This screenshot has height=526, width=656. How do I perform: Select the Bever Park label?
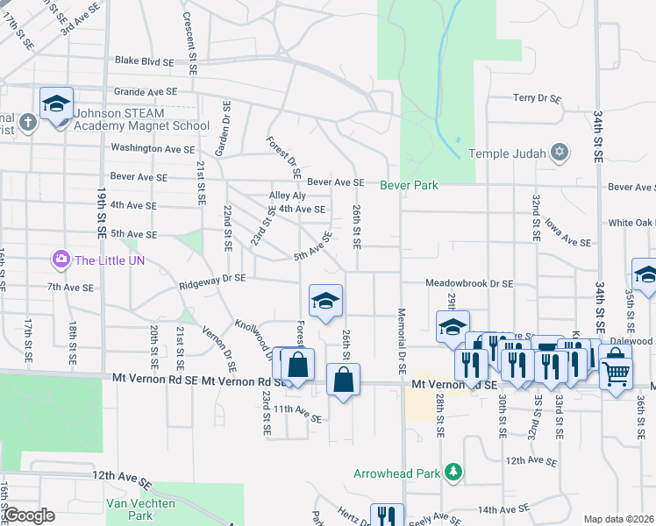click(x=409, y=185)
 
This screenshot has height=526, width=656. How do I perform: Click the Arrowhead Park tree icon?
click(x=453, y=473)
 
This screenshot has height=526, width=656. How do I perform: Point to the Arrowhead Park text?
click(x=396, y=473)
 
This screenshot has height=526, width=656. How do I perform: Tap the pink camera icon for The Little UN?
click(x=61, y=259)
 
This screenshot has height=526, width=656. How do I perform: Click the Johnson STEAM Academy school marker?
click(x=56, y=104)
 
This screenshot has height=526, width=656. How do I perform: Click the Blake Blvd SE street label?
click(x=146, y=62)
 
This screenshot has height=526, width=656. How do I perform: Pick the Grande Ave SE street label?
click(x=146, y=91)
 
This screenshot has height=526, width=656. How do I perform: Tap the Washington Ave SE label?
click(x=153, y=149)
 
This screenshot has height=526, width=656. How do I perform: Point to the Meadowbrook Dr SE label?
click(x=469, y=284)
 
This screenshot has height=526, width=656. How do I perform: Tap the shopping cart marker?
click(x=616, y=373)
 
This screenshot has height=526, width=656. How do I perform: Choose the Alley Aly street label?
click(x=288, y=195)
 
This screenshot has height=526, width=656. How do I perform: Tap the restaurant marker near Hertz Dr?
click(x=386, y=515)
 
